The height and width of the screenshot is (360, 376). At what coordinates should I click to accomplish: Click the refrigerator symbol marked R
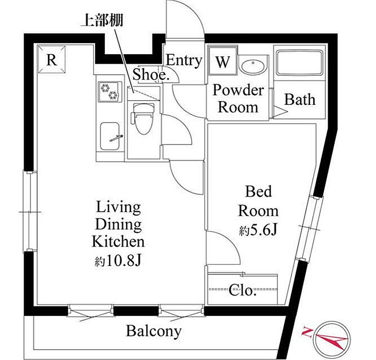point(52,59)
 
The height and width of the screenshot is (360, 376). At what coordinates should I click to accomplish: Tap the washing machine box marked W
point(223,61)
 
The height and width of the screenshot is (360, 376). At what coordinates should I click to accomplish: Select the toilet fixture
point(142,118)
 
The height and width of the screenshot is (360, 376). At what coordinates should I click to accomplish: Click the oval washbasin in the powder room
point(253,66)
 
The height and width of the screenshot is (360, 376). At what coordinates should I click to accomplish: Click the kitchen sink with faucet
point(110,136)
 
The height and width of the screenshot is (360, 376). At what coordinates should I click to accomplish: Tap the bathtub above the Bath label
point(299,63)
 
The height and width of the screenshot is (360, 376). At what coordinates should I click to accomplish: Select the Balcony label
point(154,332)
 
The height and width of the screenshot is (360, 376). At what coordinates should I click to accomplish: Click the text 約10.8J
point(118,261)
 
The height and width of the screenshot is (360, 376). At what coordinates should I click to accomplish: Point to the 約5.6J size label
point(258,231)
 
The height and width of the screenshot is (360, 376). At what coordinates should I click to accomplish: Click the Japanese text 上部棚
point(103,20)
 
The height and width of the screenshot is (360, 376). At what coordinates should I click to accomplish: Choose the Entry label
point(184,60)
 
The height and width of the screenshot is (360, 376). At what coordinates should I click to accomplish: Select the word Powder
point(238,90)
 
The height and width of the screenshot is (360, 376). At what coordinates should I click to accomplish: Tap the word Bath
point(300,99)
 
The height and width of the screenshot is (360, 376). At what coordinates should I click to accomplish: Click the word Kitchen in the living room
point(118,241)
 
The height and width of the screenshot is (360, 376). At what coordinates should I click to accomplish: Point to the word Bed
point(258,191)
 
